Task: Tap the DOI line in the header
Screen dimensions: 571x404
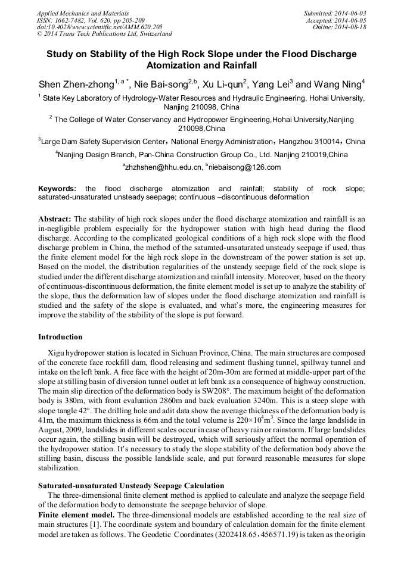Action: click(x=100, y=27)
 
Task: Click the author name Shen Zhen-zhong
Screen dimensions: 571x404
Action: click(x=76, y=84)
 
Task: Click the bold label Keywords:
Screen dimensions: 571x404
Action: click(x=57, y=189)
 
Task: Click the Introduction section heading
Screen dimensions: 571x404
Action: click(x=60, y=337)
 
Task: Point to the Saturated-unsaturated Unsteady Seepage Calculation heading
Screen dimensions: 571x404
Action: click(x=131, y=486)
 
